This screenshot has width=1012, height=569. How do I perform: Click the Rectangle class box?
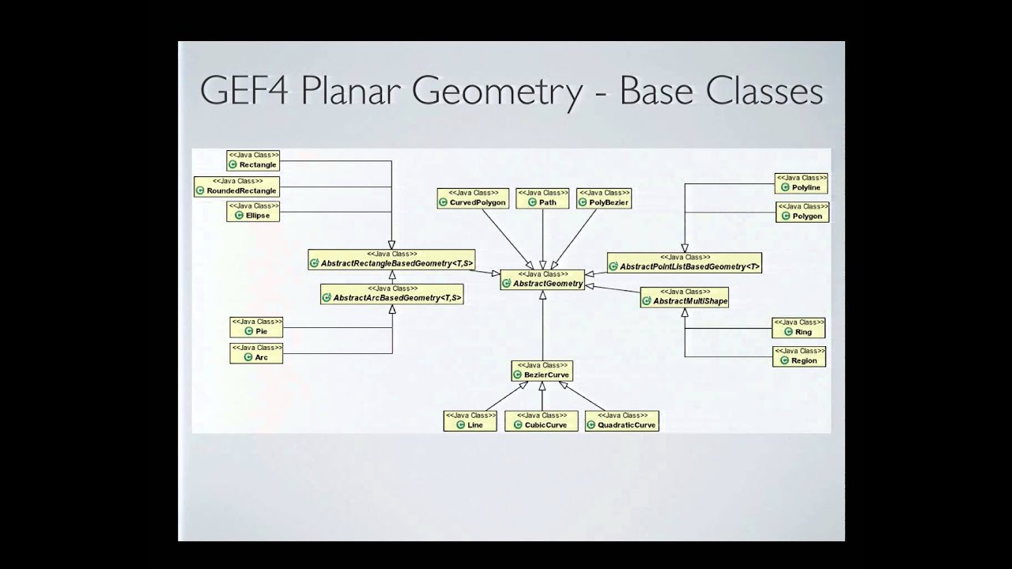point(253,160)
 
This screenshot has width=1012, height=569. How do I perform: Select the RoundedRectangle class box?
point(236,187)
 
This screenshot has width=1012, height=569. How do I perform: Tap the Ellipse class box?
point(253,211)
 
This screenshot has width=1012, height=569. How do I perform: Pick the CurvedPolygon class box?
point(473,198)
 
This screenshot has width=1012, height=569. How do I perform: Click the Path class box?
point(542,198)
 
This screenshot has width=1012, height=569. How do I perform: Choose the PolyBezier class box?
point(603,198)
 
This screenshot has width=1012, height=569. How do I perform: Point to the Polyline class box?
point(802,183)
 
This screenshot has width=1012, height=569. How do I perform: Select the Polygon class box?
point(802,211)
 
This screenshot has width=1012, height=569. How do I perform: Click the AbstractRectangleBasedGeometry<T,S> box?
point(391,259)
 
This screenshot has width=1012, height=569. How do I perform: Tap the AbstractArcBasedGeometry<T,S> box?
point(391,294)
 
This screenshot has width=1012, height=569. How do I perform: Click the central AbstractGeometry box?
point(542,279)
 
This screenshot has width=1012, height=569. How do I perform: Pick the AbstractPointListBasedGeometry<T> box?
point(684,262)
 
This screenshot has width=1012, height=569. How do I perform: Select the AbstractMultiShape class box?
point(684,297)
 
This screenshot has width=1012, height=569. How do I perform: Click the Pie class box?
point(255,327)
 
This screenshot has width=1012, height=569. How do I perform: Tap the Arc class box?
point(255,353)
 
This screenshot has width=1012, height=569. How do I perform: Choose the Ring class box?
point(798,328)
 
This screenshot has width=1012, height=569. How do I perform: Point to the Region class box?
point(799,356)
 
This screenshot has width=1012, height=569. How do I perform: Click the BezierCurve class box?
point(542,371)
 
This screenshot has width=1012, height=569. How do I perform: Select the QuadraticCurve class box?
point(621,420)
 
